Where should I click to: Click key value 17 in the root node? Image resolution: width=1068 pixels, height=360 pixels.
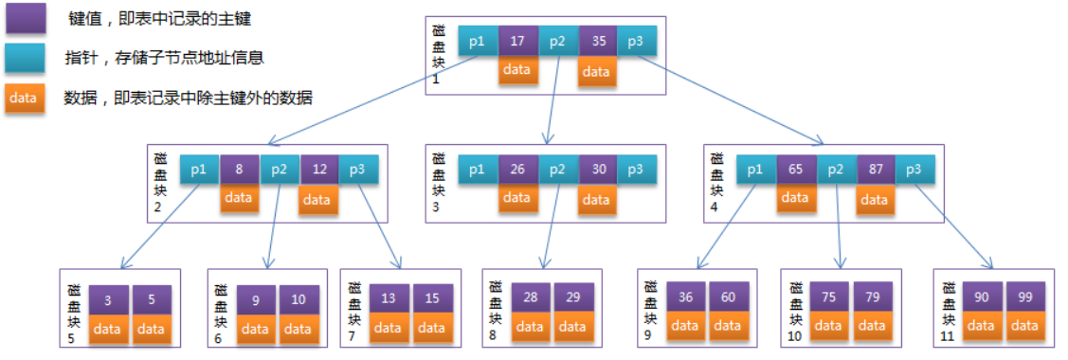point(516,42)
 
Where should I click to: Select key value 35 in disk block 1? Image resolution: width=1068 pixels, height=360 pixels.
point(597,42)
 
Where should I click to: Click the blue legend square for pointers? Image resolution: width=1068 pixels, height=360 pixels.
point(23,58)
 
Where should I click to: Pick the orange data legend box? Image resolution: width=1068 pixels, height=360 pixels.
point(23,97)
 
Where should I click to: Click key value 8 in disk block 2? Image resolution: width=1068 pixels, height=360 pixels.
point(240,171)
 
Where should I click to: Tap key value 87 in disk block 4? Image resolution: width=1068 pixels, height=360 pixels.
point(876,171)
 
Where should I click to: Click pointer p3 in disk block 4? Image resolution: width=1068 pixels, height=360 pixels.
point(914,171)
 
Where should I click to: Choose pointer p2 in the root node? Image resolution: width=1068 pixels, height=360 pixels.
point(557,42)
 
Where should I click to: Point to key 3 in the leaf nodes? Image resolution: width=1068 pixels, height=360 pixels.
point(109,300)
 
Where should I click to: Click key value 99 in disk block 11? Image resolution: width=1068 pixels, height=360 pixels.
point(1025,297)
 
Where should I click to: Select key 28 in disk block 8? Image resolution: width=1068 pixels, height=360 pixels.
point(531,298)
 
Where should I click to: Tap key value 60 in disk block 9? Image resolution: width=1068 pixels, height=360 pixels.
point(728,297)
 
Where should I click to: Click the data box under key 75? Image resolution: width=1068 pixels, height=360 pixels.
point(827,326)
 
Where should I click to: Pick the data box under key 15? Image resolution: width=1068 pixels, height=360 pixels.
point(431,328)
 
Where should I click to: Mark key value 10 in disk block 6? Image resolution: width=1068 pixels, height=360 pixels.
point(299,300)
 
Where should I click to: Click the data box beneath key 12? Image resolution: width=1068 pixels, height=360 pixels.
point(317,199)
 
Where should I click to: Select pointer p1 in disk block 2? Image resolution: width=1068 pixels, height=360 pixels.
point(199,171)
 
